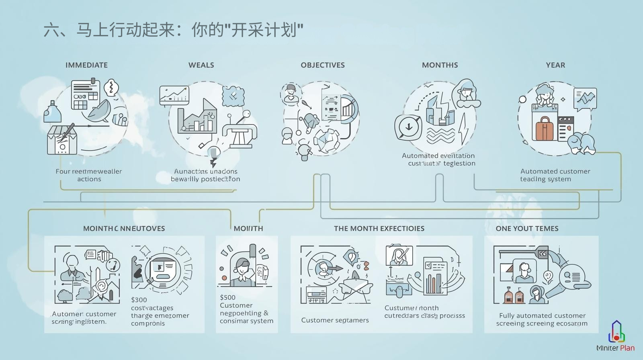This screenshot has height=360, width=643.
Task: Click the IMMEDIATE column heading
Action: point(86,65)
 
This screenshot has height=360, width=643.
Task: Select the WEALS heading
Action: point(201,65)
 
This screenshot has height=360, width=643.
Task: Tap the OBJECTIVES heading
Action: point(323,65)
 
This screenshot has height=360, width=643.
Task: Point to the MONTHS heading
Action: point(440,65)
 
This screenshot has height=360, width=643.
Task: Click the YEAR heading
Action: point(555,65)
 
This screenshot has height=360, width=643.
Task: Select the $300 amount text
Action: point(139,300)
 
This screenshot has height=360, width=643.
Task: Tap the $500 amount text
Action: point(228,297)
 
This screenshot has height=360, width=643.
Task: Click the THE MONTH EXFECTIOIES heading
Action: point(379,229)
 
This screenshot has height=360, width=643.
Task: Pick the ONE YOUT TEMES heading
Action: point(527,229)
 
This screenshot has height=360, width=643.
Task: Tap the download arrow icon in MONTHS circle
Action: point(408,127)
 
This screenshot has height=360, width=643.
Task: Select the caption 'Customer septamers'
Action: point(335,320)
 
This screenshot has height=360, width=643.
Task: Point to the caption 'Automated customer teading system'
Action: point(555,175)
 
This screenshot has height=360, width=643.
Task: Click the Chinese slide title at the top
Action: point(173,30)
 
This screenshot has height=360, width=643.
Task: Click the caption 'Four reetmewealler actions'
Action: point(89,175)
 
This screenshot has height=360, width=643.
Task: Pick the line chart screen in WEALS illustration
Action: point(174,95)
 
